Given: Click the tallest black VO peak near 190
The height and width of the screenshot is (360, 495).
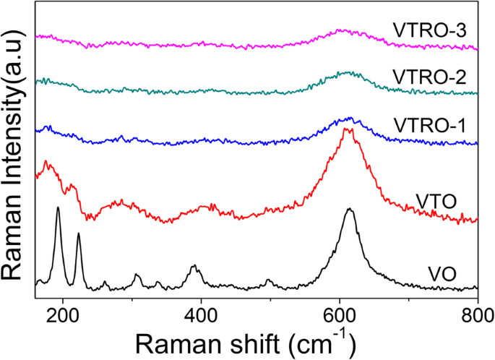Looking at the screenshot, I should (58, 208).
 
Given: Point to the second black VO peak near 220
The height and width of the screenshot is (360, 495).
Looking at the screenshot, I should (78, 234).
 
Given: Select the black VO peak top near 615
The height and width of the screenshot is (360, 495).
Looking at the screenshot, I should (350, 210).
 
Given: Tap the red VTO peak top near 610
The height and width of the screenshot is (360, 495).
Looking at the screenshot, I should (348, 129).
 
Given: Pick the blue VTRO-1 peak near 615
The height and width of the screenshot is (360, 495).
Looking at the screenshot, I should (350, 118).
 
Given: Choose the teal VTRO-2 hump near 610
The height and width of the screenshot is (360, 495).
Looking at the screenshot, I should (348, 72).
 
